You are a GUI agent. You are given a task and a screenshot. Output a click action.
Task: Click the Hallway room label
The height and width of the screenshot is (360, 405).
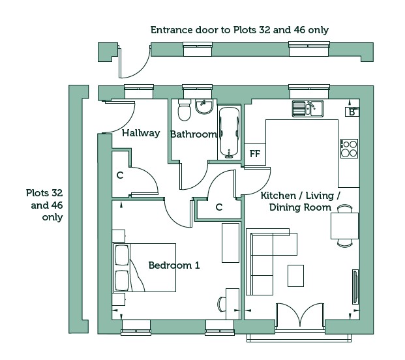[x=141, y=133]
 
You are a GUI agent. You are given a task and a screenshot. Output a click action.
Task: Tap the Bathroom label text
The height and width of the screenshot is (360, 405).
[x=194, y=134]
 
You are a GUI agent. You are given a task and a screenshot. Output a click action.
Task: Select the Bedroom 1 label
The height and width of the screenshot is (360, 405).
[x=174, y=265]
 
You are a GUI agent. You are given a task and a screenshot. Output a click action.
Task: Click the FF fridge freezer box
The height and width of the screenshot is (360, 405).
[x=255, y=154]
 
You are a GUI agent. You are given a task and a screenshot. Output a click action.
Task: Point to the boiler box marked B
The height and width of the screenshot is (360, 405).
[x=352, y=112]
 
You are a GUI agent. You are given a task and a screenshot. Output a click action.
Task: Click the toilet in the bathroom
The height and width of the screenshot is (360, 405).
[x=185, y=110]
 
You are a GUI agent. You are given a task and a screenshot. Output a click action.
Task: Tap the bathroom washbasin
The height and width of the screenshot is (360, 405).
[x=204, y=107]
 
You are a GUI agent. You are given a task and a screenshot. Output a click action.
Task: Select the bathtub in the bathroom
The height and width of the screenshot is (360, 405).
[x=229, y=132]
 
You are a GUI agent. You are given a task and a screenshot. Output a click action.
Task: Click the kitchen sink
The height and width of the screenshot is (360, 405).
[x=308, y=108]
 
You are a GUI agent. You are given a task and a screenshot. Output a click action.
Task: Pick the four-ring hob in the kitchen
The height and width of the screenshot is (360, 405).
[x=349, y=149]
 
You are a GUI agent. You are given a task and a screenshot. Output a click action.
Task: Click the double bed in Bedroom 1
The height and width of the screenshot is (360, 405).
[x=144, y=267]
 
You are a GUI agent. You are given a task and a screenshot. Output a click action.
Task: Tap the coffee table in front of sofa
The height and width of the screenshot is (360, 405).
[x=295, y=276]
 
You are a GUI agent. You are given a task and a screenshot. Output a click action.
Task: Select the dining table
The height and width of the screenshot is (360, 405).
[x=344, y=226]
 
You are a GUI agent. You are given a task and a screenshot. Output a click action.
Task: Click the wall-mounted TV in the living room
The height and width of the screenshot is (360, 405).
[x=355, y=287]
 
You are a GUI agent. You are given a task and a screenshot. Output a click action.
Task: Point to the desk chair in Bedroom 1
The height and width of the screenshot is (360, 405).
[x=222, y=304]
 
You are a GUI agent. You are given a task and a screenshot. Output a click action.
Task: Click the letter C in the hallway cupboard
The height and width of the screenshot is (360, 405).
[x=120, y=175]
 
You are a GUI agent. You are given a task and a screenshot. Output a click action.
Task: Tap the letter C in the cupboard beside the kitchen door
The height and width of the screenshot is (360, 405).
[x=218, y=207]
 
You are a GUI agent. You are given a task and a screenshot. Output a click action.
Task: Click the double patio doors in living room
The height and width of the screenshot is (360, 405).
[x=300, y=316]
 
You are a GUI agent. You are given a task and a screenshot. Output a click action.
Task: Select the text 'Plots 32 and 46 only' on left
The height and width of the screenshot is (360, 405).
[x=44, y=205]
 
